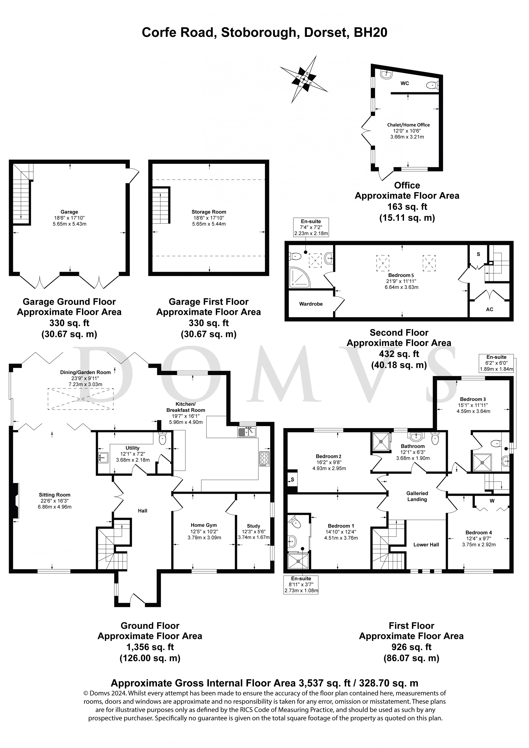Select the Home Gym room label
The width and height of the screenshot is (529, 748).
coord(204,525)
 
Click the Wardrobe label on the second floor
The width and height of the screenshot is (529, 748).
coord(311,304)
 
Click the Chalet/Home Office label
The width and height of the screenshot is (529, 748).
coord(408,125)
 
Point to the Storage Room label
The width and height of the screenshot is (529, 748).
coord(209,212)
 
